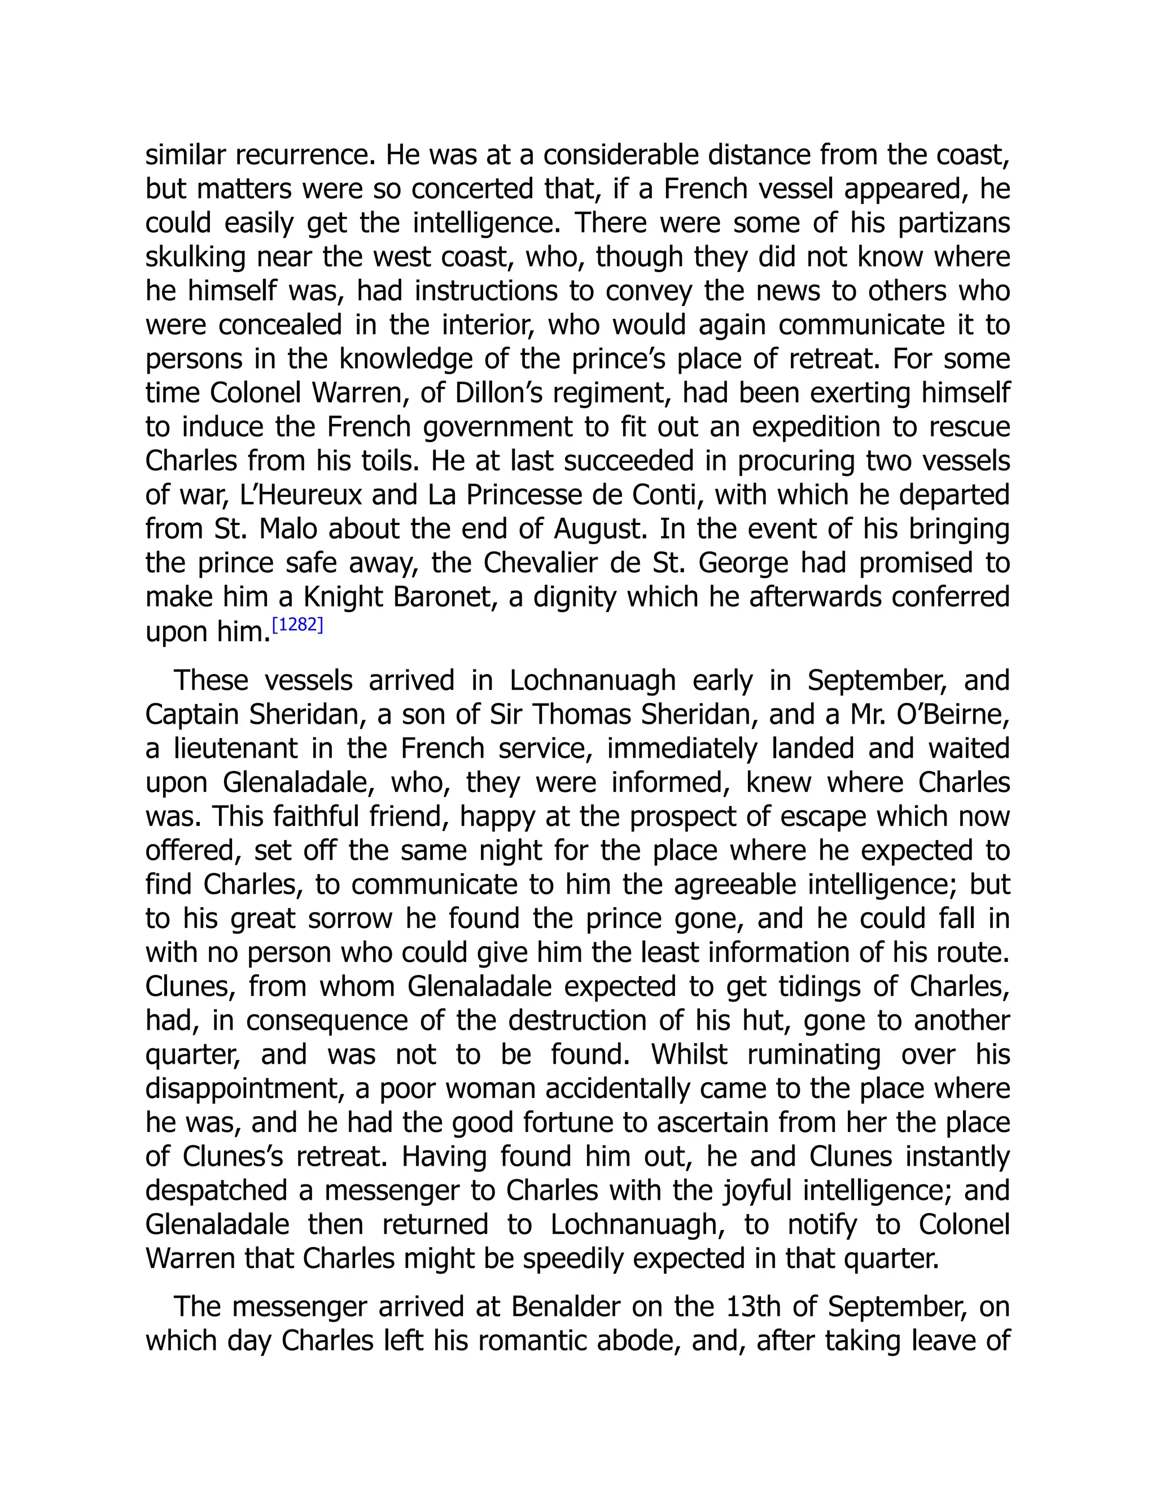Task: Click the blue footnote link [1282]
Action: coord(297,625)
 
